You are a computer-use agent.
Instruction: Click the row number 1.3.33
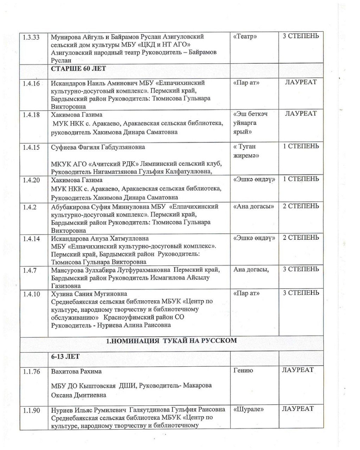click(x=31, y=37)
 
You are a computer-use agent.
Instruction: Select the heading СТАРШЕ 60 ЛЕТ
click(x=78, y=69)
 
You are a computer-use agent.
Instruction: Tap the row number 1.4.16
click(x=31, y=84)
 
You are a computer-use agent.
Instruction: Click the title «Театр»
click(x=245, y=37)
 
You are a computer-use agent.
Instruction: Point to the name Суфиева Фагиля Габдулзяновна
click(x=98, y=147)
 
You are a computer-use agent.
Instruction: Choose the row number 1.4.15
click(x=31, y=147)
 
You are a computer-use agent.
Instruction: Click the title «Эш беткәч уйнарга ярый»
click(x=250, y=123)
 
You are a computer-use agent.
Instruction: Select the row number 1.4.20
click(x=31, y=180)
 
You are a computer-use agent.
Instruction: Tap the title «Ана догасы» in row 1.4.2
click(x=253, y=207)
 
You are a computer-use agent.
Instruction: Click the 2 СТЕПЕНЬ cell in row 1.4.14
click(x=301, y=238)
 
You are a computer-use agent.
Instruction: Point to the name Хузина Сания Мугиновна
click(x=89, y=294)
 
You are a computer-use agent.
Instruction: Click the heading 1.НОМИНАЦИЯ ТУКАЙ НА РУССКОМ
click(x=172, y=340)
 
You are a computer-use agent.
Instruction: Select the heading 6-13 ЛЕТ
click(x=65, y=356)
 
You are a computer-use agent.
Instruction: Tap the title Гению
click(x=243, y=371)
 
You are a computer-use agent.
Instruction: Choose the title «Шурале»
click(x=249, y=409)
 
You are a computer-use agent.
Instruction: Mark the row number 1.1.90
click(x=31, y=410)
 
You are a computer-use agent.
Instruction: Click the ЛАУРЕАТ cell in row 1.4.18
click(x=301, y=114)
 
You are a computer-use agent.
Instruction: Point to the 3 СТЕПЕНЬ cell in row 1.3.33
click(x=301, y=36)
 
